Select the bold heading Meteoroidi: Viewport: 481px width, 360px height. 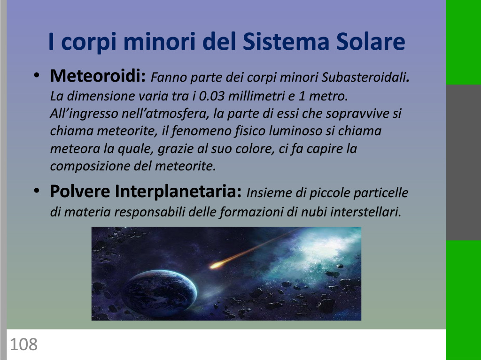click(x=98, y=76)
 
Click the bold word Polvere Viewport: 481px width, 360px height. click(x=80, y=191)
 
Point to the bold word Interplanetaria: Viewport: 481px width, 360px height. click(x=178, y=191)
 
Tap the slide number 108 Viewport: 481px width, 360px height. click(x=23, y=344)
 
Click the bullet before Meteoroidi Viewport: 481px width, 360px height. click(x=37, y=75)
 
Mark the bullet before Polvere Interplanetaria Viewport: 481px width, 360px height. click(x=37, y=191)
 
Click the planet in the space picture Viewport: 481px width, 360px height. click(x=159, y=293)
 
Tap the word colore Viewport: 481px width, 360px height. click(x=255, y=149)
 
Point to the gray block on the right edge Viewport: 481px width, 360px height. click(x=464, y=162)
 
